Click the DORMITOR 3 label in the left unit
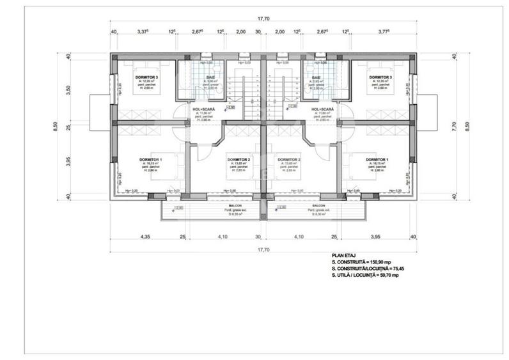[x=146, y=77]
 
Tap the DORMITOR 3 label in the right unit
[x=380, y=77]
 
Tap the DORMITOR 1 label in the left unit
[x=152, y=159]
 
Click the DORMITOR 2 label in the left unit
[x=238, y=159]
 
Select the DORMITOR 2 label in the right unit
[x=290, y=159]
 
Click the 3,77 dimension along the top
[x=383, y=31]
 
